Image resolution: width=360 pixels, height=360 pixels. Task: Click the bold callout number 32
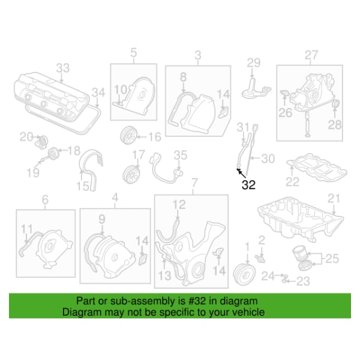point(248,185)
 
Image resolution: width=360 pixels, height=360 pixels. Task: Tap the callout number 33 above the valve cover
point(63,68)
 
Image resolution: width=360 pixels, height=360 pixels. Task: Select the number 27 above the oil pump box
point(311,55)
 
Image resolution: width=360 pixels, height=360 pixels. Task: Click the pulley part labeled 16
point(129,135)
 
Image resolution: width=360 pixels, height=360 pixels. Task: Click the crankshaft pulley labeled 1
point(244,273)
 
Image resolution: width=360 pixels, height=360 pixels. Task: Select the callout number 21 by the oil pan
point(334,199)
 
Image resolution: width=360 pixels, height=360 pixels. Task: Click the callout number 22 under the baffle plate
point(293,182)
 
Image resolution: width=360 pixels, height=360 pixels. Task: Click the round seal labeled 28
point(336,104)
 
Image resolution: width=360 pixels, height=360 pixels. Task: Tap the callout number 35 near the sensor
point(181,155)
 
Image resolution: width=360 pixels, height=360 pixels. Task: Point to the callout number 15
point(83,186)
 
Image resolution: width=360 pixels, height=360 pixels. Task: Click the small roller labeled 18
point(54,154)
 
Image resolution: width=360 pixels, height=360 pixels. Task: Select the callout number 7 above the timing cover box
point(194,183)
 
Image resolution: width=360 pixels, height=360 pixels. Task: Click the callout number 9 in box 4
point(102,220)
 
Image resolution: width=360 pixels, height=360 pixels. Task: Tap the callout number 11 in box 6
point(27,229)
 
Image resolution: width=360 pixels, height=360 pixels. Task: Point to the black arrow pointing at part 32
point(242,173)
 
